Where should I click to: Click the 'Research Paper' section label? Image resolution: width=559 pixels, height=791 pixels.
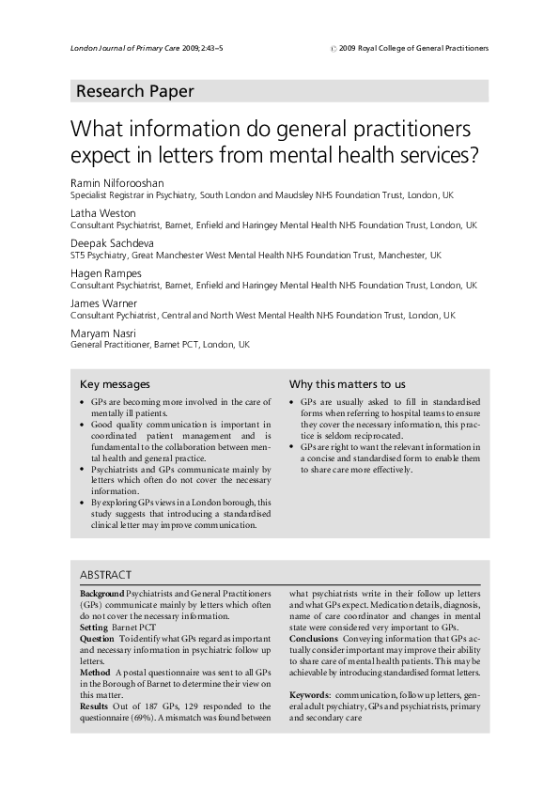pos(134,91)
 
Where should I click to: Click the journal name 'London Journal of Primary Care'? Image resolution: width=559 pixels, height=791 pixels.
pos(124,48)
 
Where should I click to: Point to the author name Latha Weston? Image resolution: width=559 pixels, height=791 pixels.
pos(102,212)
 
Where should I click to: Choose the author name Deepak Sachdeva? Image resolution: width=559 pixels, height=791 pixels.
pos(115,242)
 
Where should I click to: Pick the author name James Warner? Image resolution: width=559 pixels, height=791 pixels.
pos(104,302)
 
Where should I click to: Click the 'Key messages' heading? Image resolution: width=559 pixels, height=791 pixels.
pos(115,384)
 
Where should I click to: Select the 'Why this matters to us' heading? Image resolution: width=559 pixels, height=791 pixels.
pos(348,384)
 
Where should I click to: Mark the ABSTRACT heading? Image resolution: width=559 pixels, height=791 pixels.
pos(105,574)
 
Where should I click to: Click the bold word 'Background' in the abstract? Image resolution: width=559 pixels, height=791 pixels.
pos(101,595)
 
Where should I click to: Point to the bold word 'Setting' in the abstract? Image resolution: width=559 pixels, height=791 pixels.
pos(94,626)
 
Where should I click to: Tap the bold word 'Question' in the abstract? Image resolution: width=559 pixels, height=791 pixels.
pos(98,637)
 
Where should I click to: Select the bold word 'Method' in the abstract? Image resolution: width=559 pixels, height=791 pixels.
pos(96,674)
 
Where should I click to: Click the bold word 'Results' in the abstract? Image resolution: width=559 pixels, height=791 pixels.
pos(95,705)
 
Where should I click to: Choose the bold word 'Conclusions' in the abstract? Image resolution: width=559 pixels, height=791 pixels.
pos(316,637)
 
